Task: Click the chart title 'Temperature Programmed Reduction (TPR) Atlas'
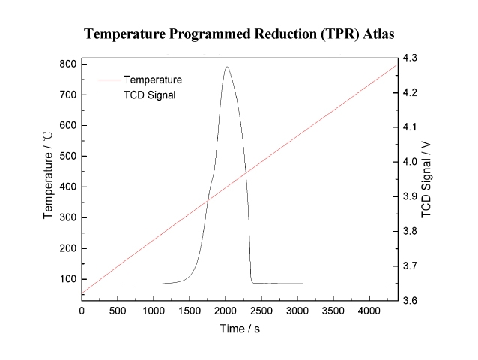[238, 34]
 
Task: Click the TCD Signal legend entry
[150, 94]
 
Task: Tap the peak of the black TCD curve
[226, 67]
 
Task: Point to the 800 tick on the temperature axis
[67, 64]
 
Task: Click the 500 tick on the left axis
[67, 156]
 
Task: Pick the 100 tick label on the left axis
[67, 279]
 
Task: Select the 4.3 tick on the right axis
[411, 58]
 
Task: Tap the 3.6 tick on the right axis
[411, 301]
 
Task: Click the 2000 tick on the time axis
[226, 310]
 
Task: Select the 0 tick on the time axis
[82, 310]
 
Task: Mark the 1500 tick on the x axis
[190, 310]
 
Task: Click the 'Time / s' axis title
[240, 328]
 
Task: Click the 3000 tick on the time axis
[297, 310]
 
